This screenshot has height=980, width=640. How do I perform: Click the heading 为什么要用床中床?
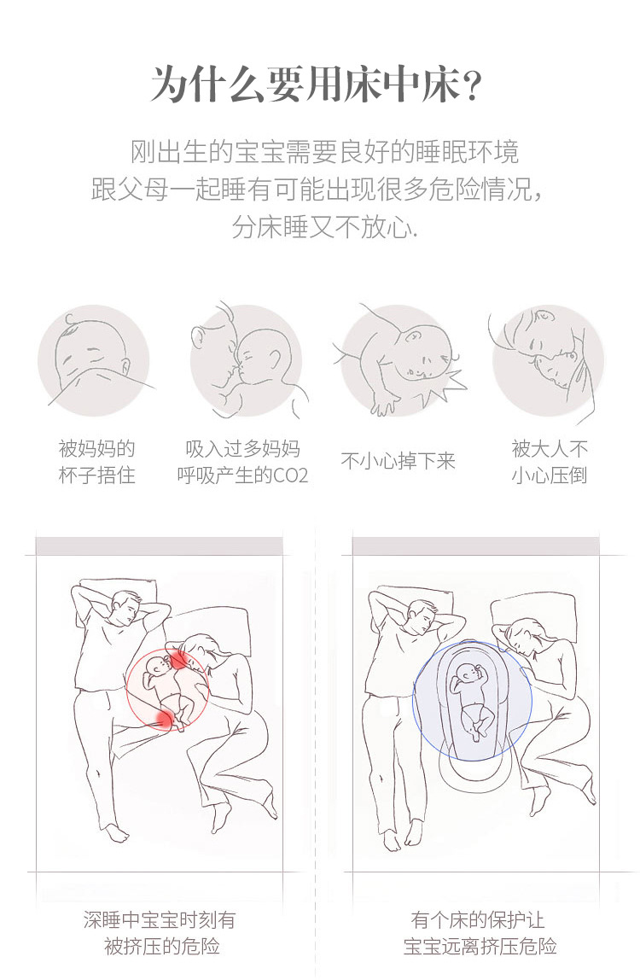point(319,85)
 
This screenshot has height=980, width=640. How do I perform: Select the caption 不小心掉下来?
point(399,462)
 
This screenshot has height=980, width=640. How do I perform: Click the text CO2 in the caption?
point(290,475)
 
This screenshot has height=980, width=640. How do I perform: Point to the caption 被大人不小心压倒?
point(550,462)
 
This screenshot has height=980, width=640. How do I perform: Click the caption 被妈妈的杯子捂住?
point(96,462)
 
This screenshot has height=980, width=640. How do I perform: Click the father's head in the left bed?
point(125,608)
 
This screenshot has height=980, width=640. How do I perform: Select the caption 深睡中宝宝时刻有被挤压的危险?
point(160,933)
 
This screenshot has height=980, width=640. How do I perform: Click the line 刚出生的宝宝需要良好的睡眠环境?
point(324,153)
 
